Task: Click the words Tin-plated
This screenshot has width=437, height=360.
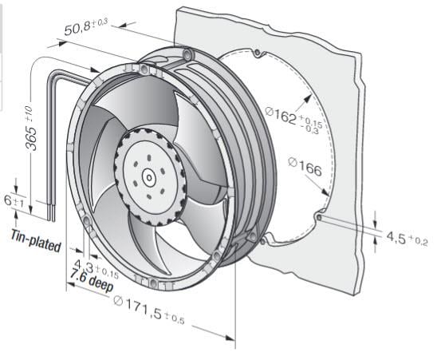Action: [x=35, y=239]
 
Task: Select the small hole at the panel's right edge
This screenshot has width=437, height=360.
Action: [x=318, y=216]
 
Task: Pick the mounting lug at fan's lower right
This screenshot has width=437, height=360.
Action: [x=252, y=236]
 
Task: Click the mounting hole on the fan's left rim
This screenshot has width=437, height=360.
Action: [x=85, y=218]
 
